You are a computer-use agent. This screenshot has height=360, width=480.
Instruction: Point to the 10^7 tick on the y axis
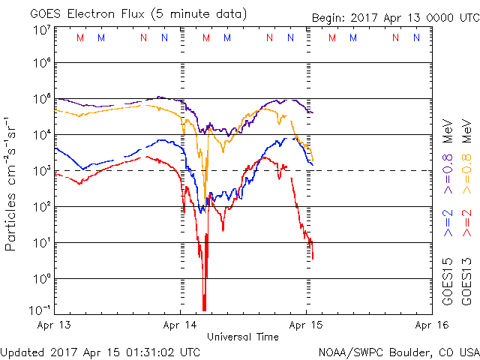click(x=40, y=29)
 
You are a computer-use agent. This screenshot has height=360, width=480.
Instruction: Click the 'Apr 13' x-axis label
click(x=55, y=325)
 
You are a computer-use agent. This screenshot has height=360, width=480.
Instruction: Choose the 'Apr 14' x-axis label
click(x=181, y=325)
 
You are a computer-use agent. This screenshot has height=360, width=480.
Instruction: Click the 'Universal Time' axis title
click(x=243, y=337)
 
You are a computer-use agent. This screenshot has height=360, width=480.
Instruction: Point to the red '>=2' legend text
click(x=466, y=223)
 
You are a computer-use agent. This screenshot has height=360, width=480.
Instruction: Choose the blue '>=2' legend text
click(x=448, y=223)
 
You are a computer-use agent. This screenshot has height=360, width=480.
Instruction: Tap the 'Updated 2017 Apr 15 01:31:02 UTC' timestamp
click(x=100, y=351)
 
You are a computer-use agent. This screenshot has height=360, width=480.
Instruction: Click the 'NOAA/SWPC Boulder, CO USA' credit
click(x=398, y=351)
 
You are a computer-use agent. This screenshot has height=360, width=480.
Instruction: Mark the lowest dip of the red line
click(x=204, y=309)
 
